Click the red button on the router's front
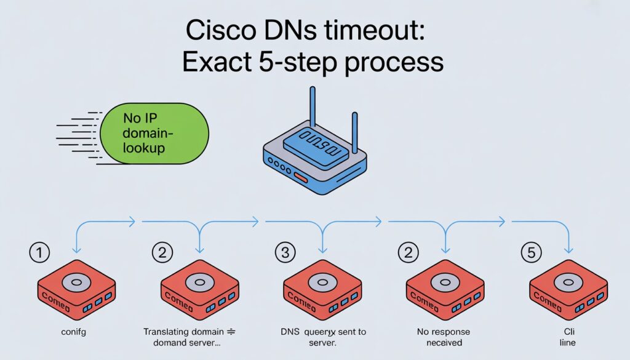click(x=300, y=178)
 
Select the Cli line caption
click(x=567, y=337)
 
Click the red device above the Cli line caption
click(x=568, y=289)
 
